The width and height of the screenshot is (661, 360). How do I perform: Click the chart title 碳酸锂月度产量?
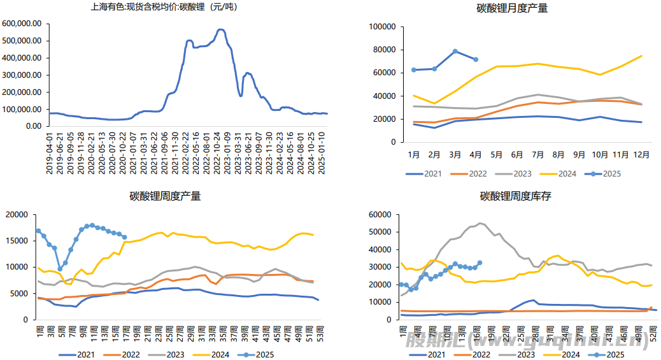click(x=512, y=8)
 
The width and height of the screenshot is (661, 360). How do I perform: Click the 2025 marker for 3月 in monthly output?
click(x=455, y=51)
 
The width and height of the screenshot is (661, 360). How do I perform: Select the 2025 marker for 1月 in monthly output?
click(x=414, y=70)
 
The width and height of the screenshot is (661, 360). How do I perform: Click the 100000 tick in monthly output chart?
click(x=383, y=27)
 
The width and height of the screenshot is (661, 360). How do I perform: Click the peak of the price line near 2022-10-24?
click(x=220, y=29)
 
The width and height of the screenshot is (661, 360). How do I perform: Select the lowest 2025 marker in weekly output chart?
click(x=60, y=269)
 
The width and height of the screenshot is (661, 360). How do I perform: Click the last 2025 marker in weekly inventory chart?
click(x=480, y=263)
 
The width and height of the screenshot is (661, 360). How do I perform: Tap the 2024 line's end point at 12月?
click(x=641, y=56)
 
